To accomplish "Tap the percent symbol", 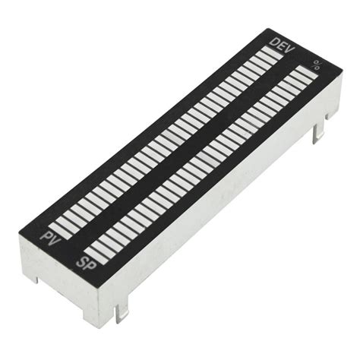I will [x=316, y=66].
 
